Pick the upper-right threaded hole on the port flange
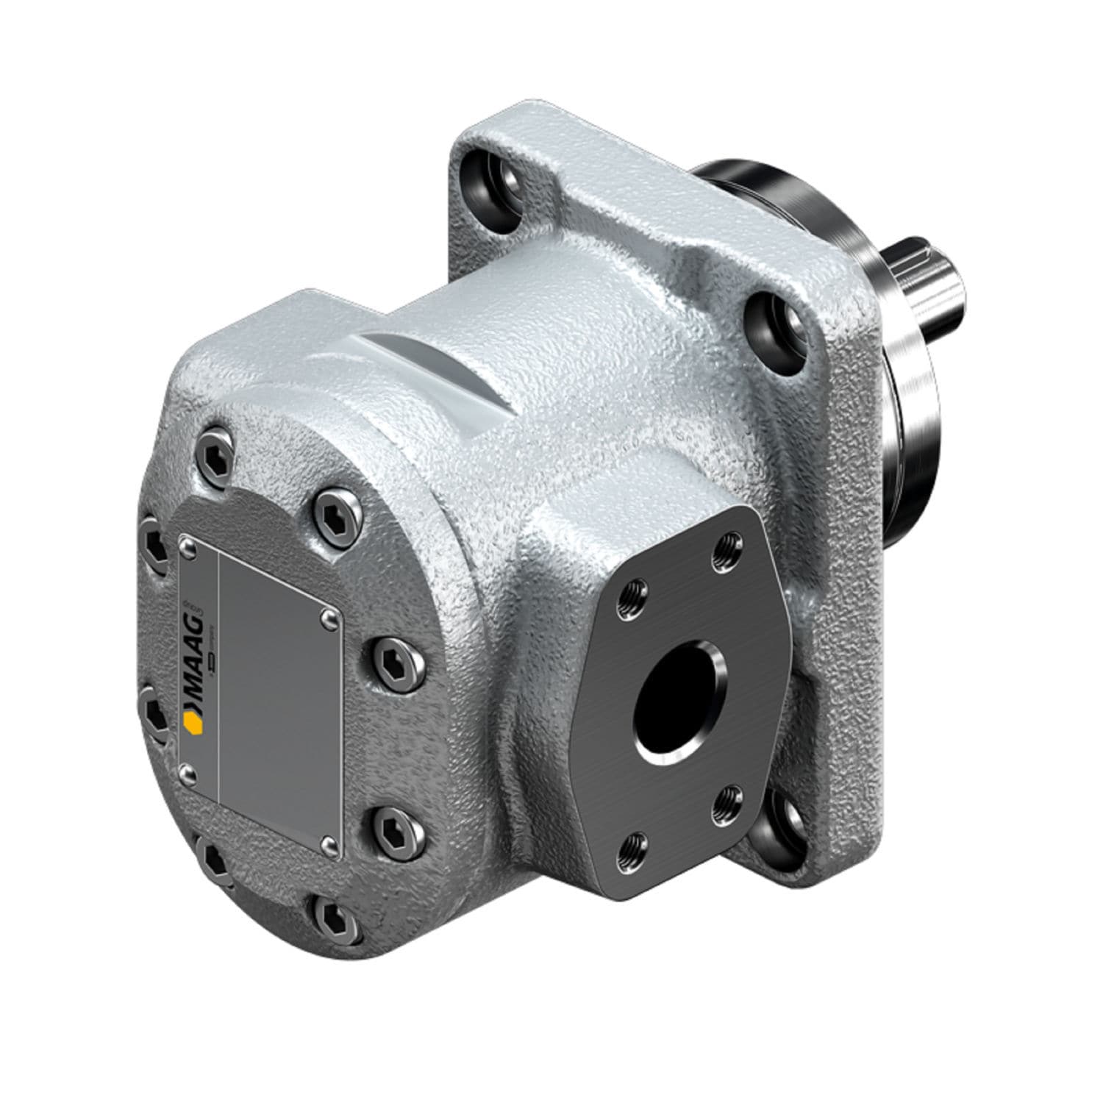(x=728, y=546)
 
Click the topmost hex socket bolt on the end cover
(x=221, y=458)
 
